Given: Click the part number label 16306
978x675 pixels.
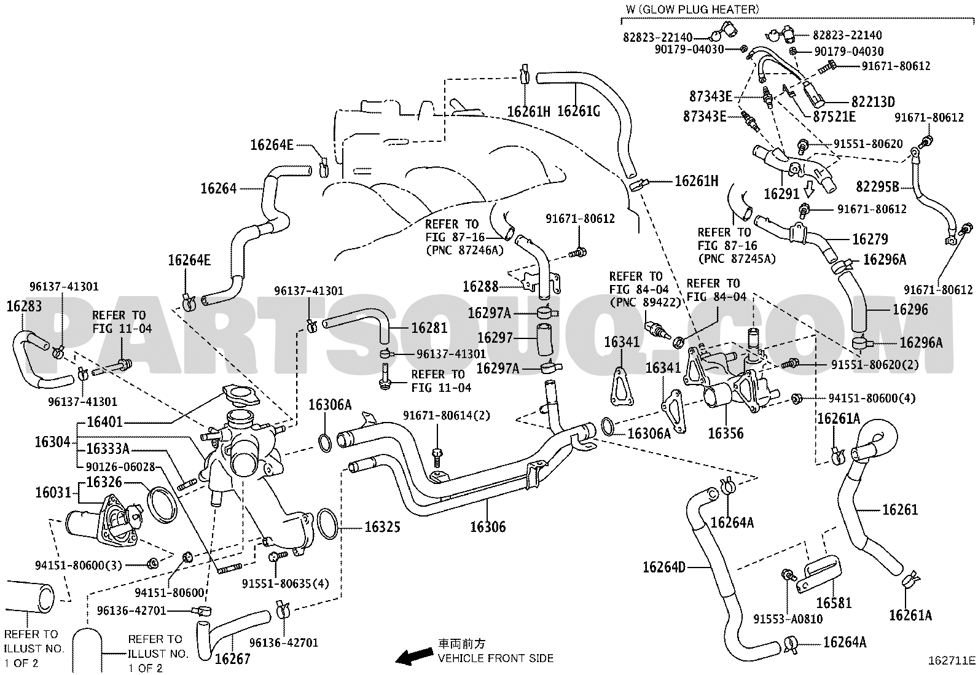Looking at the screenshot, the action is click(x=488, y=527).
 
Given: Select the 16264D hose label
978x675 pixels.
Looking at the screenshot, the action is click(x=664, y=567).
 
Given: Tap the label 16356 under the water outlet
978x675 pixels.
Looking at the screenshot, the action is click(x=726, y=433).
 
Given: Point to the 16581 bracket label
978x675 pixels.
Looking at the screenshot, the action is click(x=834, y=603).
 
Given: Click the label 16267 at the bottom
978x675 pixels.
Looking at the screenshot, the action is click(x=233, y=659).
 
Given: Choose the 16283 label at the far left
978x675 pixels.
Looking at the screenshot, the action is click(x=24, y=306).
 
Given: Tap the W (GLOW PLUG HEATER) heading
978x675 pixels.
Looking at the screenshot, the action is click(x=692, y=9).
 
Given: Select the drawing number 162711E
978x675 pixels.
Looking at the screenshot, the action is click(x=952, y=661).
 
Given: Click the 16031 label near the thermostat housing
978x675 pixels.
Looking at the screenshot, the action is click(x=53, y=493).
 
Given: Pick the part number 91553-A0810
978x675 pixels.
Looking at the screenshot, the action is click(x=788, y=618).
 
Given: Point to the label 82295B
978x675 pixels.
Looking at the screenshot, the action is click(x=878, y=187).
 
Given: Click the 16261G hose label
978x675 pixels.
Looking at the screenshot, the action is click(x=579, y=111).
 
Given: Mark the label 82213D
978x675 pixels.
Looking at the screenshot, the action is click(x=873, y=102).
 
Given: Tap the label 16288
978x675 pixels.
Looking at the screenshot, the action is click(x=480, y=286).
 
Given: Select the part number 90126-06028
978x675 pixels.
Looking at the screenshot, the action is click(x=120, y=467).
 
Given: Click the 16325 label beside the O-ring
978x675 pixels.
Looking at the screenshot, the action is click(x=382, y=527).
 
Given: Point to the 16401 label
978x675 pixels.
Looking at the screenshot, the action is click(x=105, y=422).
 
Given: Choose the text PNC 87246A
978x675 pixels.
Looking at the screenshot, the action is click(x=464, y=250).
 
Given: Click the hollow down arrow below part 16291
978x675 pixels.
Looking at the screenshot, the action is click(x=809, y=190).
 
